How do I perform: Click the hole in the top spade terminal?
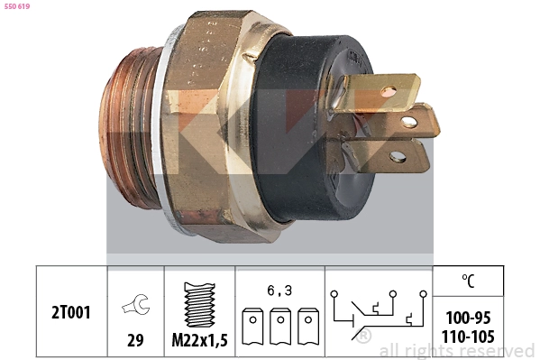[x=388, y=90]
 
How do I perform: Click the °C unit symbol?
[x=468, y=281]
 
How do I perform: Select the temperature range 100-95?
[x=469, y=318]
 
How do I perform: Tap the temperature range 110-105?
[x=469, y=336]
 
